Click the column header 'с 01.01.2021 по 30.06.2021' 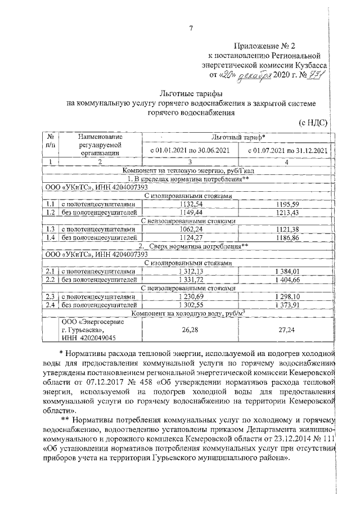point(191,151)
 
